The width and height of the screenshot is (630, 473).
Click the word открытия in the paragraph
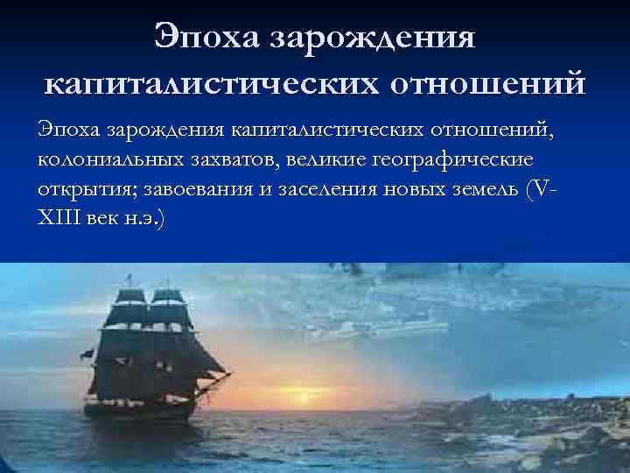[80, 191]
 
